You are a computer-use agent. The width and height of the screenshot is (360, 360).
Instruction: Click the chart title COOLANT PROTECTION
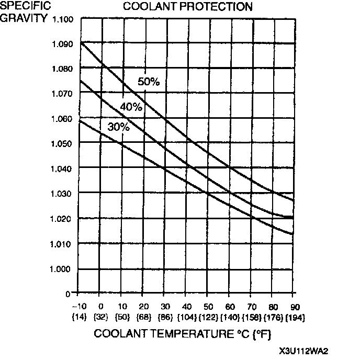187,7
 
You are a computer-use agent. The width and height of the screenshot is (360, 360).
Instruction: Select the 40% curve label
131,107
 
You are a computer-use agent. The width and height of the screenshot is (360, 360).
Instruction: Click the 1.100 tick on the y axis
63,19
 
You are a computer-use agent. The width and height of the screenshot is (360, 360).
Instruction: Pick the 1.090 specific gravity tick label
63,44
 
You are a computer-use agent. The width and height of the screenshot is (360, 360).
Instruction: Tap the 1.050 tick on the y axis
63,144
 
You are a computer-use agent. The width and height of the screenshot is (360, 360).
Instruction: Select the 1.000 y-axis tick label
63,269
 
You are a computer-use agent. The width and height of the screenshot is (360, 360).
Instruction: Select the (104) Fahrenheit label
186,317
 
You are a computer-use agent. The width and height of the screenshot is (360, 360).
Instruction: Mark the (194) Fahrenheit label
295,317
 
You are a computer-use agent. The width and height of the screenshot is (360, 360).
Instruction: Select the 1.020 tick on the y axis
63,219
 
